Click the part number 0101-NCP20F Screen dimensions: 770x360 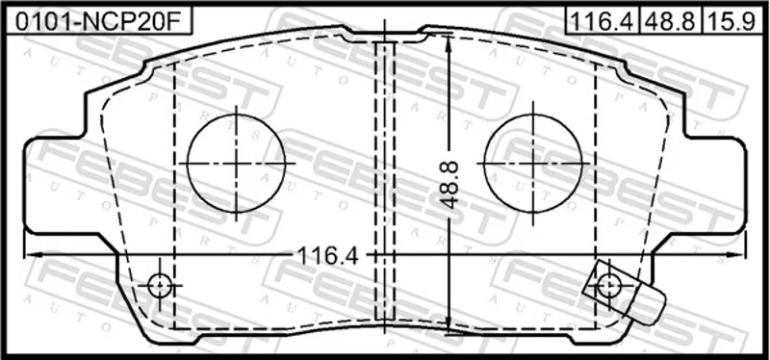tap(97, 20)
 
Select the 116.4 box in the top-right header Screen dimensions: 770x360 tap(603, 20)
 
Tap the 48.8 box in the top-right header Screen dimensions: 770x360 tap(671, 20)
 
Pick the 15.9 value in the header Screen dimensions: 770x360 tap(731, 20)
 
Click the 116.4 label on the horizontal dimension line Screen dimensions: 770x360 tap(329, 255)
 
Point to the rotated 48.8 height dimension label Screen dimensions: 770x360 tap(449, 185)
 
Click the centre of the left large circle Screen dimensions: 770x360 tap(236, 163)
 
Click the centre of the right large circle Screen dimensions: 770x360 tap(533, 163)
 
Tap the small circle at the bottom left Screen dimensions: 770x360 tap(160, 285)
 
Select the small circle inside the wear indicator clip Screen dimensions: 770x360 tap(609, 285)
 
